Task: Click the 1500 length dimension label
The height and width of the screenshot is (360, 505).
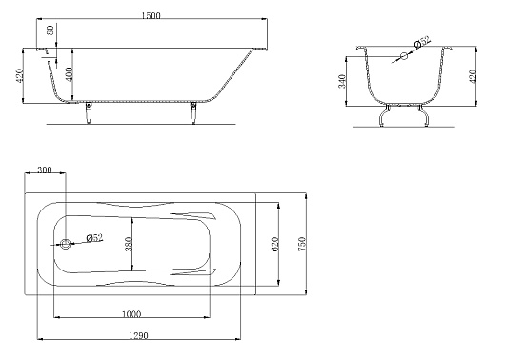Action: tap(151, 16)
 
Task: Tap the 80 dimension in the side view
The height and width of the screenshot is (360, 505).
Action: tap(50, 30)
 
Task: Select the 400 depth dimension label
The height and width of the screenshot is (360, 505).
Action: tap(69, 73)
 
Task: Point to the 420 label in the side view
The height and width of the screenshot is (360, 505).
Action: tap(19, 75)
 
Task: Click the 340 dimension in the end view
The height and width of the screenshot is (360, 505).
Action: tap(342, 81)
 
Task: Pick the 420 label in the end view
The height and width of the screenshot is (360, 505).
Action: tap(473, 76)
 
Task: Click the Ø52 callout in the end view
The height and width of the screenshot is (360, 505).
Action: tap(422, 42)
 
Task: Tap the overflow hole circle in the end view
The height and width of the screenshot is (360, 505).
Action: tap(404, 56)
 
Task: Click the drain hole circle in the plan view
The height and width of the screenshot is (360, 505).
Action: tap(66, 244)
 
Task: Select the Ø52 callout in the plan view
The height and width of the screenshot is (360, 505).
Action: tap(94, 238)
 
